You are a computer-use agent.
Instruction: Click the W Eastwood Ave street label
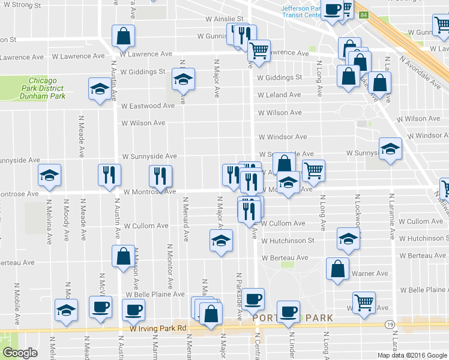coord(148,106)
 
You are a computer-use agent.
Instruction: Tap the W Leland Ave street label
coord(280,95)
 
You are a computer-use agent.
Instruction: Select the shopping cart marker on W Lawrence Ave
coord(259,51)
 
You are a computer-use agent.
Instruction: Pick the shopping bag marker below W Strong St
coord(123,35)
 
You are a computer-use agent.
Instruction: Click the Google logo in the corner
coord(20,353)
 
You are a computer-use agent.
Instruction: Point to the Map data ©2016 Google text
coord(412,355)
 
